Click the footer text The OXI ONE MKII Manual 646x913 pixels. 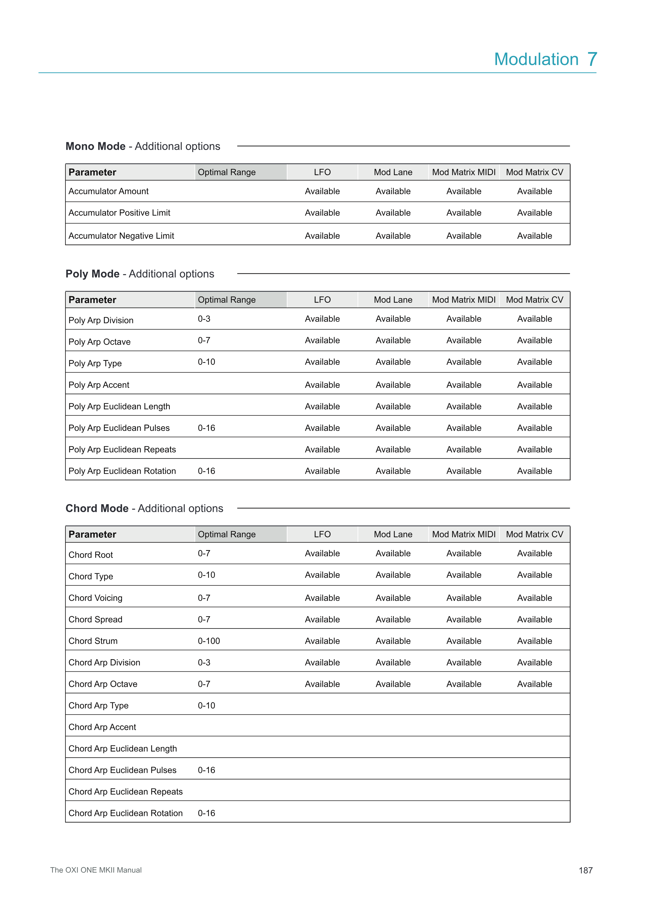[96, 870]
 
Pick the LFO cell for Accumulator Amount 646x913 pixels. [322, 191]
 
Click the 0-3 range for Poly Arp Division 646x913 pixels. [204, 319]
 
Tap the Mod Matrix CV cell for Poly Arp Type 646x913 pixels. [534, 362]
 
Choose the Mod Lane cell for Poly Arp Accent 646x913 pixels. [393, 385]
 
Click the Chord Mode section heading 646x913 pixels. [144, 509]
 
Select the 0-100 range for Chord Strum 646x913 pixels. [209, 641]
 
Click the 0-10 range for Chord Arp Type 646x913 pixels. [207, 706]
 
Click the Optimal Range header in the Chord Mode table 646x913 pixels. [227, 534]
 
